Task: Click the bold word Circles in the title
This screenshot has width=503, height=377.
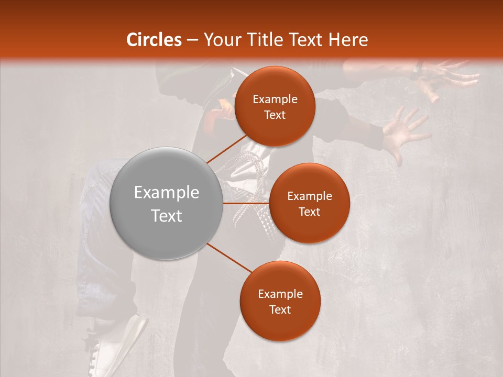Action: [154, 40]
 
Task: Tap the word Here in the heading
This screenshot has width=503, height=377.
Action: [348, 40]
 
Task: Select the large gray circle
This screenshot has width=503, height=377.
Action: [167, 204]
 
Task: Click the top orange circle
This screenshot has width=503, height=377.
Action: [275, 106]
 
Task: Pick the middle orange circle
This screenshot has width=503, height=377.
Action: [309, 203]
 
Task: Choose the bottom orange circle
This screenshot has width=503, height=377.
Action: [280, 301]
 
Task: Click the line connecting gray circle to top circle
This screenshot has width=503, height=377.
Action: [226, 149]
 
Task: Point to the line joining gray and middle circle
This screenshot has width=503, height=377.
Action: [246, 203]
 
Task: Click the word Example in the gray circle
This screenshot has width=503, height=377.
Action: [167, 192]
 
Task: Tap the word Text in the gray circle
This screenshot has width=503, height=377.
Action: [167, 216]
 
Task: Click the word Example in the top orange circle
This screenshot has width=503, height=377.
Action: [275, 99]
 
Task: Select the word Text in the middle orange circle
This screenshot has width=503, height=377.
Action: [309, 212]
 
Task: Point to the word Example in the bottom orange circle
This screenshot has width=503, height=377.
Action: [280, 294]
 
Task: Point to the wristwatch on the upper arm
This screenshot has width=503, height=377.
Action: [418, 68]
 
